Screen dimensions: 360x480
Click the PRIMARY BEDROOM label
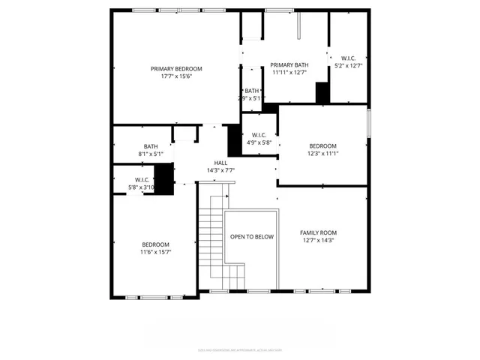pyautogui.click(x=176, y=68)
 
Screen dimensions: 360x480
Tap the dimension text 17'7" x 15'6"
pyautogui.click(x=176, y=76)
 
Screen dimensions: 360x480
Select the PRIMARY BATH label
pyautogui.click(x=289, y=65)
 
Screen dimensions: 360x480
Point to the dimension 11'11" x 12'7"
pyautogui.click(x=289, y=73)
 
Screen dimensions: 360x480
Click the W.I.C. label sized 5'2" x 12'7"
pyautogui.click(x=349, y=58)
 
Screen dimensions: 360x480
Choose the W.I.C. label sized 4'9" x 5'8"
pyautogui.click(x=259, y=135)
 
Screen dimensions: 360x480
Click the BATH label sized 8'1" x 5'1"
pyautogui.click(x=151, y=146)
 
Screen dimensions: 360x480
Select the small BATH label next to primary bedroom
pyautogui.click(x=251, y=91)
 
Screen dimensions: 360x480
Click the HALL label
pyautogui.click(x=220, y=163)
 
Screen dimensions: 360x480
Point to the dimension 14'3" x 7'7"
pyautogui.click(x=220, y=170)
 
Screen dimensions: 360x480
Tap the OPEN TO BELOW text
pyautogui.click(x=251, y=237)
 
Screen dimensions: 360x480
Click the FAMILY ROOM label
pyautogui.click(x=318, y=232)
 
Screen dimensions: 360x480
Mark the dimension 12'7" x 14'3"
pyautogui.click(x=318, y=241)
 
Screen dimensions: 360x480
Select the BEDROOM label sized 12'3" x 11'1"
pyautogui.click(x=322, y=145)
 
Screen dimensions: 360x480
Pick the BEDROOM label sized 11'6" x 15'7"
pyautogui.click(x=155, y=244)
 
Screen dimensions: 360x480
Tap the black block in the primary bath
pyautogui.click(x=322, y=93)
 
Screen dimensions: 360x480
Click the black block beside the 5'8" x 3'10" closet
pyautogui.click(x=164, y=178)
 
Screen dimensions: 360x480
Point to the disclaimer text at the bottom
pyautogui.click(x=239, y=349)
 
